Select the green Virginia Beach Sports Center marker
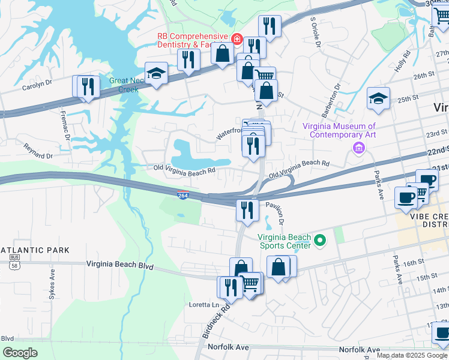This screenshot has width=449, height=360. coord(320,241)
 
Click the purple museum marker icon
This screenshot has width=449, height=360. coord(359,148)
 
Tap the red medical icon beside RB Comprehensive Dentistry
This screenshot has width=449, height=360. coord(237,40)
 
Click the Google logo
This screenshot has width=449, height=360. coord(20,353)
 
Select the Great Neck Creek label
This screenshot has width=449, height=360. coord(124,85)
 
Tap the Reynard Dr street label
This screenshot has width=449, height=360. coord(38,147)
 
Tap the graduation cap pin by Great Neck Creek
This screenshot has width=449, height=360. coord(157,74)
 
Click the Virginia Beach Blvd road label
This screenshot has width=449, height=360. coord(119,264)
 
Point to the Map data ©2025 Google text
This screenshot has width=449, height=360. coord(412,355)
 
